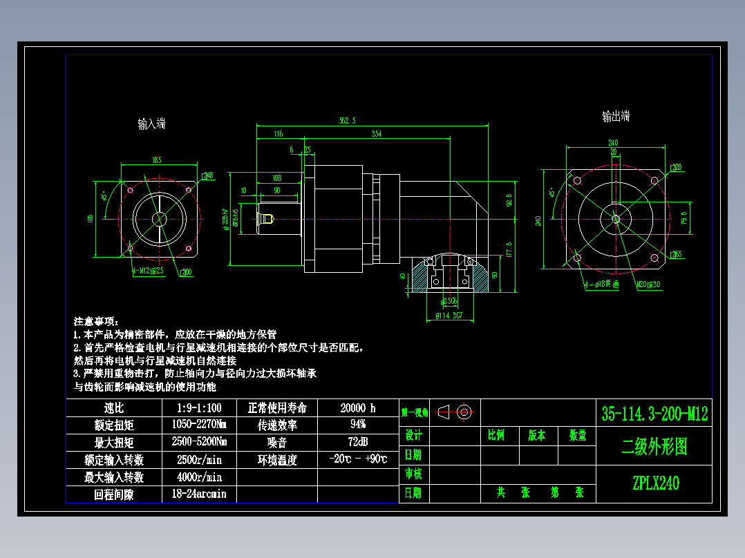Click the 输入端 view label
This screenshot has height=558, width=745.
[151, 124]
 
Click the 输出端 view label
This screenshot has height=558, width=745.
[616, 117]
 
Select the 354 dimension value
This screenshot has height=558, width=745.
[376, 133]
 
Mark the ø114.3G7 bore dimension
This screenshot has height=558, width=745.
[449, 316]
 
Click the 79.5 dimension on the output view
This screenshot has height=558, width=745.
[684, 218]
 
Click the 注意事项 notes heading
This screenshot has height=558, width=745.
[97, 322]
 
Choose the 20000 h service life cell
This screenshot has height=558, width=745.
[358, 408]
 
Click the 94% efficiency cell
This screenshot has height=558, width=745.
[358, 424]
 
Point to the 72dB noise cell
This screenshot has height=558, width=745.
[358, 442]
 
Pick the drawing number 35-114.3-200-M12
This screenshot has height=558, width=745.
[654, 414]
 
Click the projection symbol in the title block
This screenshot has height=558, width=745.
[455, 412]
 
